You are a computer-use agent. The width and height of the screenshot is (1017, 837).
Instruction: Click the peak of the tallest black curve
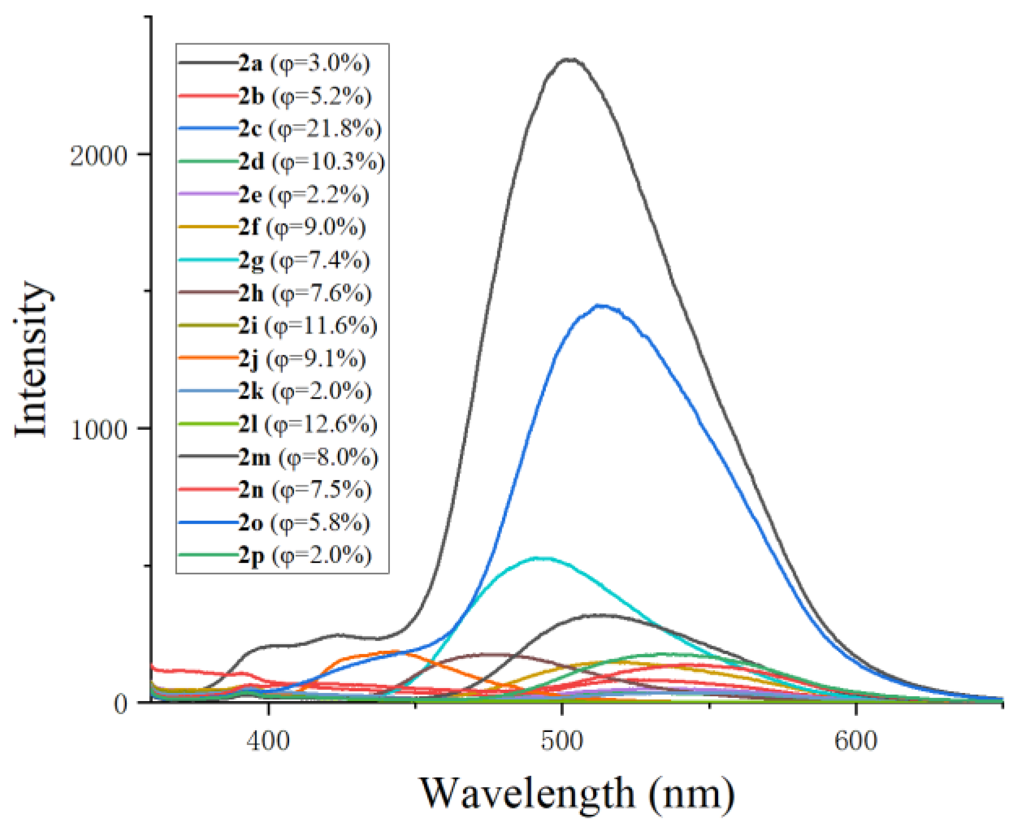pos(569,59)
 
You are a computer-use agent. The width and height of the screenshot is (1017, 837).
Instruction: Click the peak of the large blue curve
pos(600,306)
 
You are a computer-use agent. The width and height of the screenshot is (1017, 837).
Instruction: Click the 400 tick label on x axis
pos(268,740)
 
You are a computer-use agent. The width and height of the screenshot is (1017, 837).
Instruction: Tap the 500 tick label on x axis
pos(562,740)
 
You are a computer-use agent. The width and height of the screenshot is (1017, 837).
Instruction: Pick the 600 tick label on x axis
pos(856,740)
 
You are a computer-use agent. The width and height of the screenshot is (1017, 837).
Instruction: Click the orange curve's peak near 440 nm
pos(395,652)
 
